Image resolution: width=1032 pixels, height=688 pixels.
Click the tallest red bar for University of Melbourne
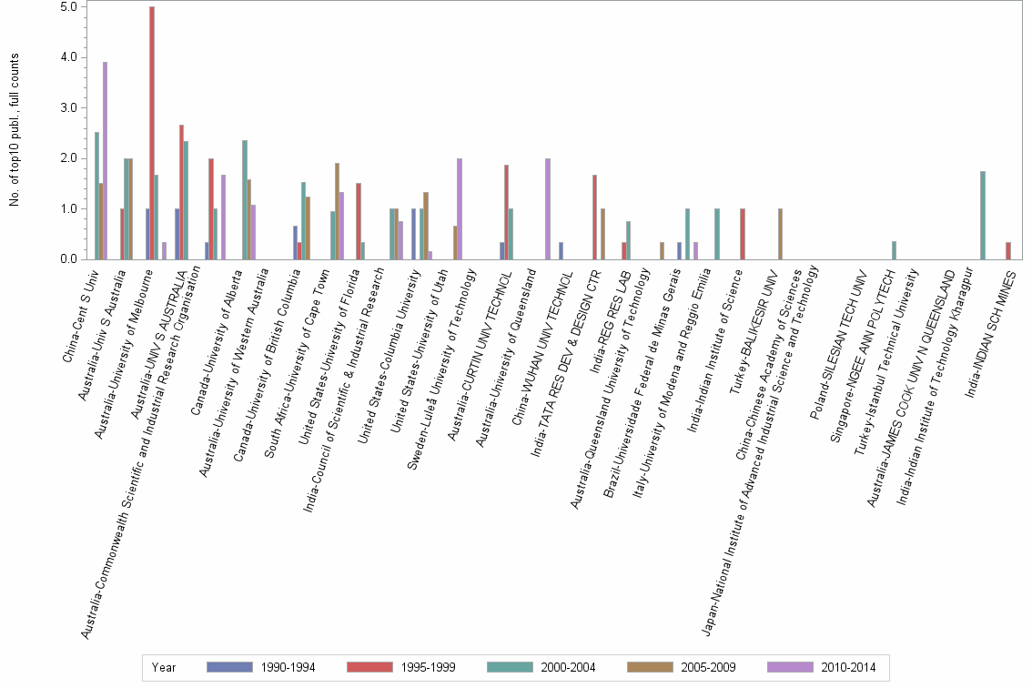[x=152, y=133]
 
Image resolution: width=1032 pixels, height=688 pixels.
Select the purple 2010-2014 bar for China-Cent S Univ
[x=106, y=160]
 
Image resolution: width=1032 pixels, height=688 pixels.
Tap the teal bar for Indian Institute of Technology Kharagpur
[x=983, y=215]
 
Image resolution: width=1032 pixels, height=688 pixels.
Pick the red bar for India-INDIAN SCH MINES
[x=1007, y=250]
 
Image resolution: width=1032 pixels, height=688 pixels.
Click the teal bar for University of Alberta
[x=245, y=199]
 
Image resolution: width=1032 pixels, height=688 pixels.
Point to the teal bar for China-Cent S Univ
[x=96, y=196]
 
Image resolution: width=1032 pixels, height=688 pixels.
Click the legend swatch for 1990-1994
[x=229, y=667]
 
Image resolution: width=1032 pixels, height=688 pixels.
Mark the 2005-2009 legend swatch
[x=650, y=667]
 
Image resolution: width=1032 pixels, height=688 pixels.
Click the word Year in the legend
[x=164, y=667]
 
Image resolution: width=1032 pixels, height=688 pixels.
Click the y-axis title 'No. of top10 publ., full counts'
[x=15, y=130]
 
